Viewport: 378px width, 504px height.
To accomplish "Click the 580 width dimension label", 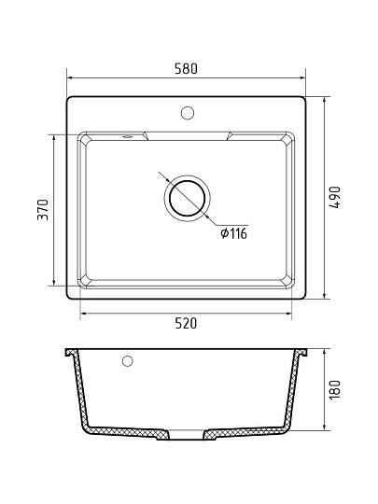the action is pos(186,68).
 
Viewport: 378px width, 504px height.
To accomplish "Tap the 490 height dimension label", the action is pos(335,197).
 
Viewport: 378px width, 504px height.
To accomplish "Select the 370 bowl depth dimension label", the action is pos(43,210).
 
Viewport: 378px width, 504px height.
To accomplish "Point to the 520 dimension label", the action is pos(186,323).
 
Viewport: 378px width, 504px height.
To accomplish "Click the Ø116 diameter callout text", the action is pos(233,233).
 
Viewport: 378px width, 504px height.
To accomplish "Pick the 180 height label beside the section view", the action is pos(335,389).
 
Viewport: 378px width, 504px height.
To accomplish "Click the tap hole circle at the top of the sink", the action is pos(187,113).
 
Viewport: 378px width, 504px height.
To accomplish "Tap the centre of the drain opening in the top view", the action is pos(187,198).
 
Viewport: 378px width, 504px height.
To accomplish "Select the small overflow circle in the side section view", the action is pos(128,361).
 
